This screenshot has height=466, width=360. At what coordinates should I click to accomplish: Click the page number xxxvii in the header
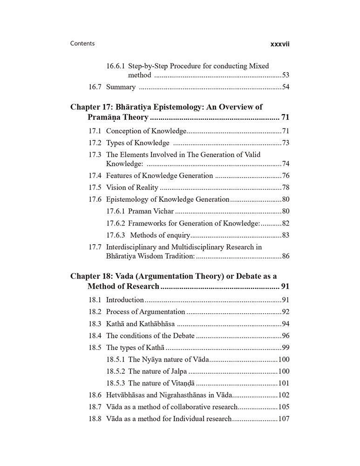pyautogui.click(x=280, y=44)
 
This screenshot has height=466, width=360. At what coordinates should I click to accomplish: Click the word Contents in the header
pyautogui.click(x=82, y=43)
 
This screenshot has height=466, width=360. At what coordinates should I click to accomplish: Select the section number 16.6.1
pyautogui.click(x=115, y=66)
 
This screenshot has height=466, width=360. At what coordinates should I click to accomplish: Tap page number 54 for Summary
pyautogui.click(x=285, y=87)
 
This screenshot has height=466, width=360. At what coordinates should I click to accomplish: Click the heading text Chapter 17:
pyautogui.click(x=93, y=107)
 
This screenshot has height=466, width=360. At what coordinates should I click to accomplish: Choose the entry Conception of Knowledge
pyautogui.click(x=146, y=131)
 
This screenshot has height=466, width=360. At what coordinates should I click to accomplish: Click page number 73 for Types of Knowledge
pyautogui.click(x=285, y=143)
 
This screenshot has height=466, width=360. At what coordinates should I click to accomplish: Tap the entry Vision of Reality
pyautogui.click(x=132, y=187)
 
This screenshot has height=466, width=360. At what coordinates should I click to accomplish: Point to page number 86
pyautogui.click(x=285, y=256)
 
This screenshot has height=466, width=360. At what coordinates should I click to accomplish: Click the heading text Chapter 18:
pyautogui.click(x=93, y=276)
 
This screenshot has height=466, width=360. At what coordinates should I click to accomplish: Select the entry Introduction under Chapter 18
pyautogui.click(x=125, y=300)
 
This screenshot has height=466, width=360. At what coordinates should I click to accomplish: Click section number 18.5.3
pyautogui.click(x=115, y=383)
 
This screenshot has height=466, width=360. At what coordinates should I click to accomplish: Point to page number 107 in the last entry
pyautogui.click(x=284, y=419)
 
